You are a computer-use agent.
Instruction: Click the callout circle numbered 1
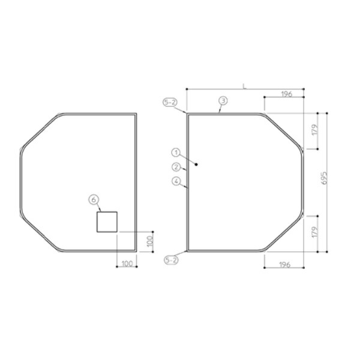(x=176, y=152)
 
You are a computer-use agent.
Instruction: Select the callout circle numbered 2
(x=176, y=167)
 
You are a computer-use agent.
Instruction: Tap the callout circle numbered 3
(x=223, y=101)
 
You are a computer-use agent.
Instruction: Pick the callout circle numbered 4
(x=176, y=181)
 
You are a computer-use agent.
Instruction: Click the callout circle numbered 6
(x=94, y=200)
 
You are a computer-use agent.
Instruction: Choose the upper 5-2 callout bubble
(x=170, y=102)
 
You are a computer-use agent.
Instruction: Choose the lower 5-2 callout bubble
(x=171, y=260)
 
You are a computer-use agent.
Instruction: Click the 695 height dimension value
(x=324, y=178)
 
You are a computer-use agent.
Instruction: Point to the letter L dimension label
(x=245, y=86)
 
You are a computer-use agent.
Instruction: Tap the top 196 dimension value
(x=287, y=94)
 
